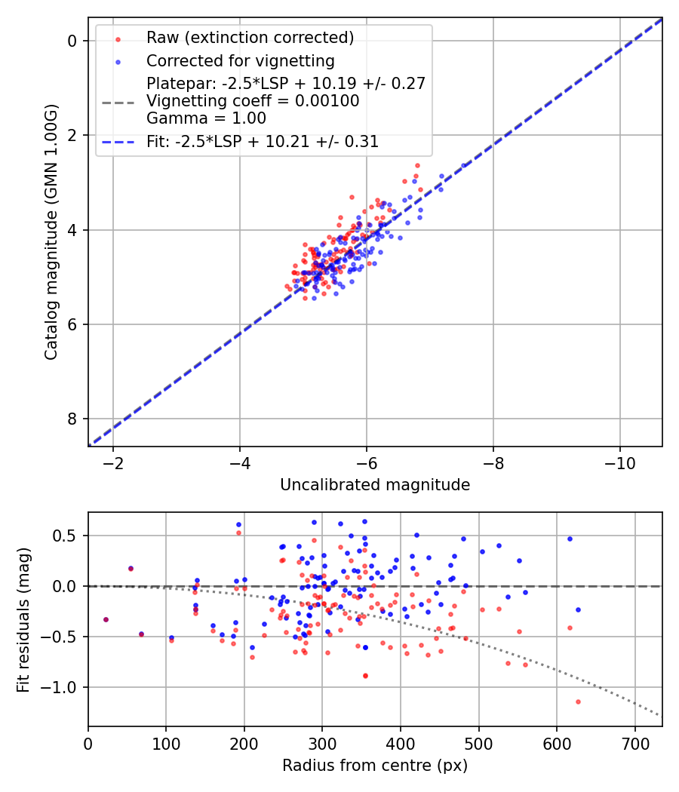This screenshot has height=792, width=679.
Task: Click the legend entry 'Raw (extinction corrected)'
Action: pos(250,38)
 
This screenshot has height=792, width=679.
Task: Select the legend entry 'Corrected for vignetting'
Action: pos(240,60)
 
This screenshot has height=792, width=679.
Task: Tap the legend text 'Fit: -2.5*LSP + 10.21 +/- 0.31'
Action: pos(263,141)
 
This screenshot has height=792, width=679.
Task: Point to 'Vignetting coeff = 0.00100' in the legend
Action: pos(253,101)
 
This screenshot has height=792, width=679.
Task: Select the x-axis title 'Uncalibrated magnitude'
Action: pos(375,485)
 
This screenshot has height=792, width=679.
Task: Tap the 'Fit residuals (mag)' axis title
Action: pos(23,619)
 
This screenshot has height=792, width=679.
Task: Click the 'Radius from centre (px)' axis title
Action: pos(375,766)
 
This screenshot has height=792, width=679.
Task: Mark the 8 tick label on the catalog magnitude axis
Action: pos(72,419)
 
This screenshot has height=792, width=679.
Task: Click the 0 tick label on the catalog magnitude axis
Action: pos(72,41)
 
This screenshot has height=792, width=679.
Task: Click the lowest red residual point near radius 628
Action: pos(578,701)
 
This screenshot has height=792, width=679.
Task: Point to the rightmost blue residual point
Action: pos(578,609)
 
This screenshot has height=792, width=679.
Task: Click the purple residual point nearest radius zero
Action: pos(106,619)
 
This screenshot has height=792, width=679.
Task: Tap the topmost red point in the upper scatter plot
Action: pos(417,165)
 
